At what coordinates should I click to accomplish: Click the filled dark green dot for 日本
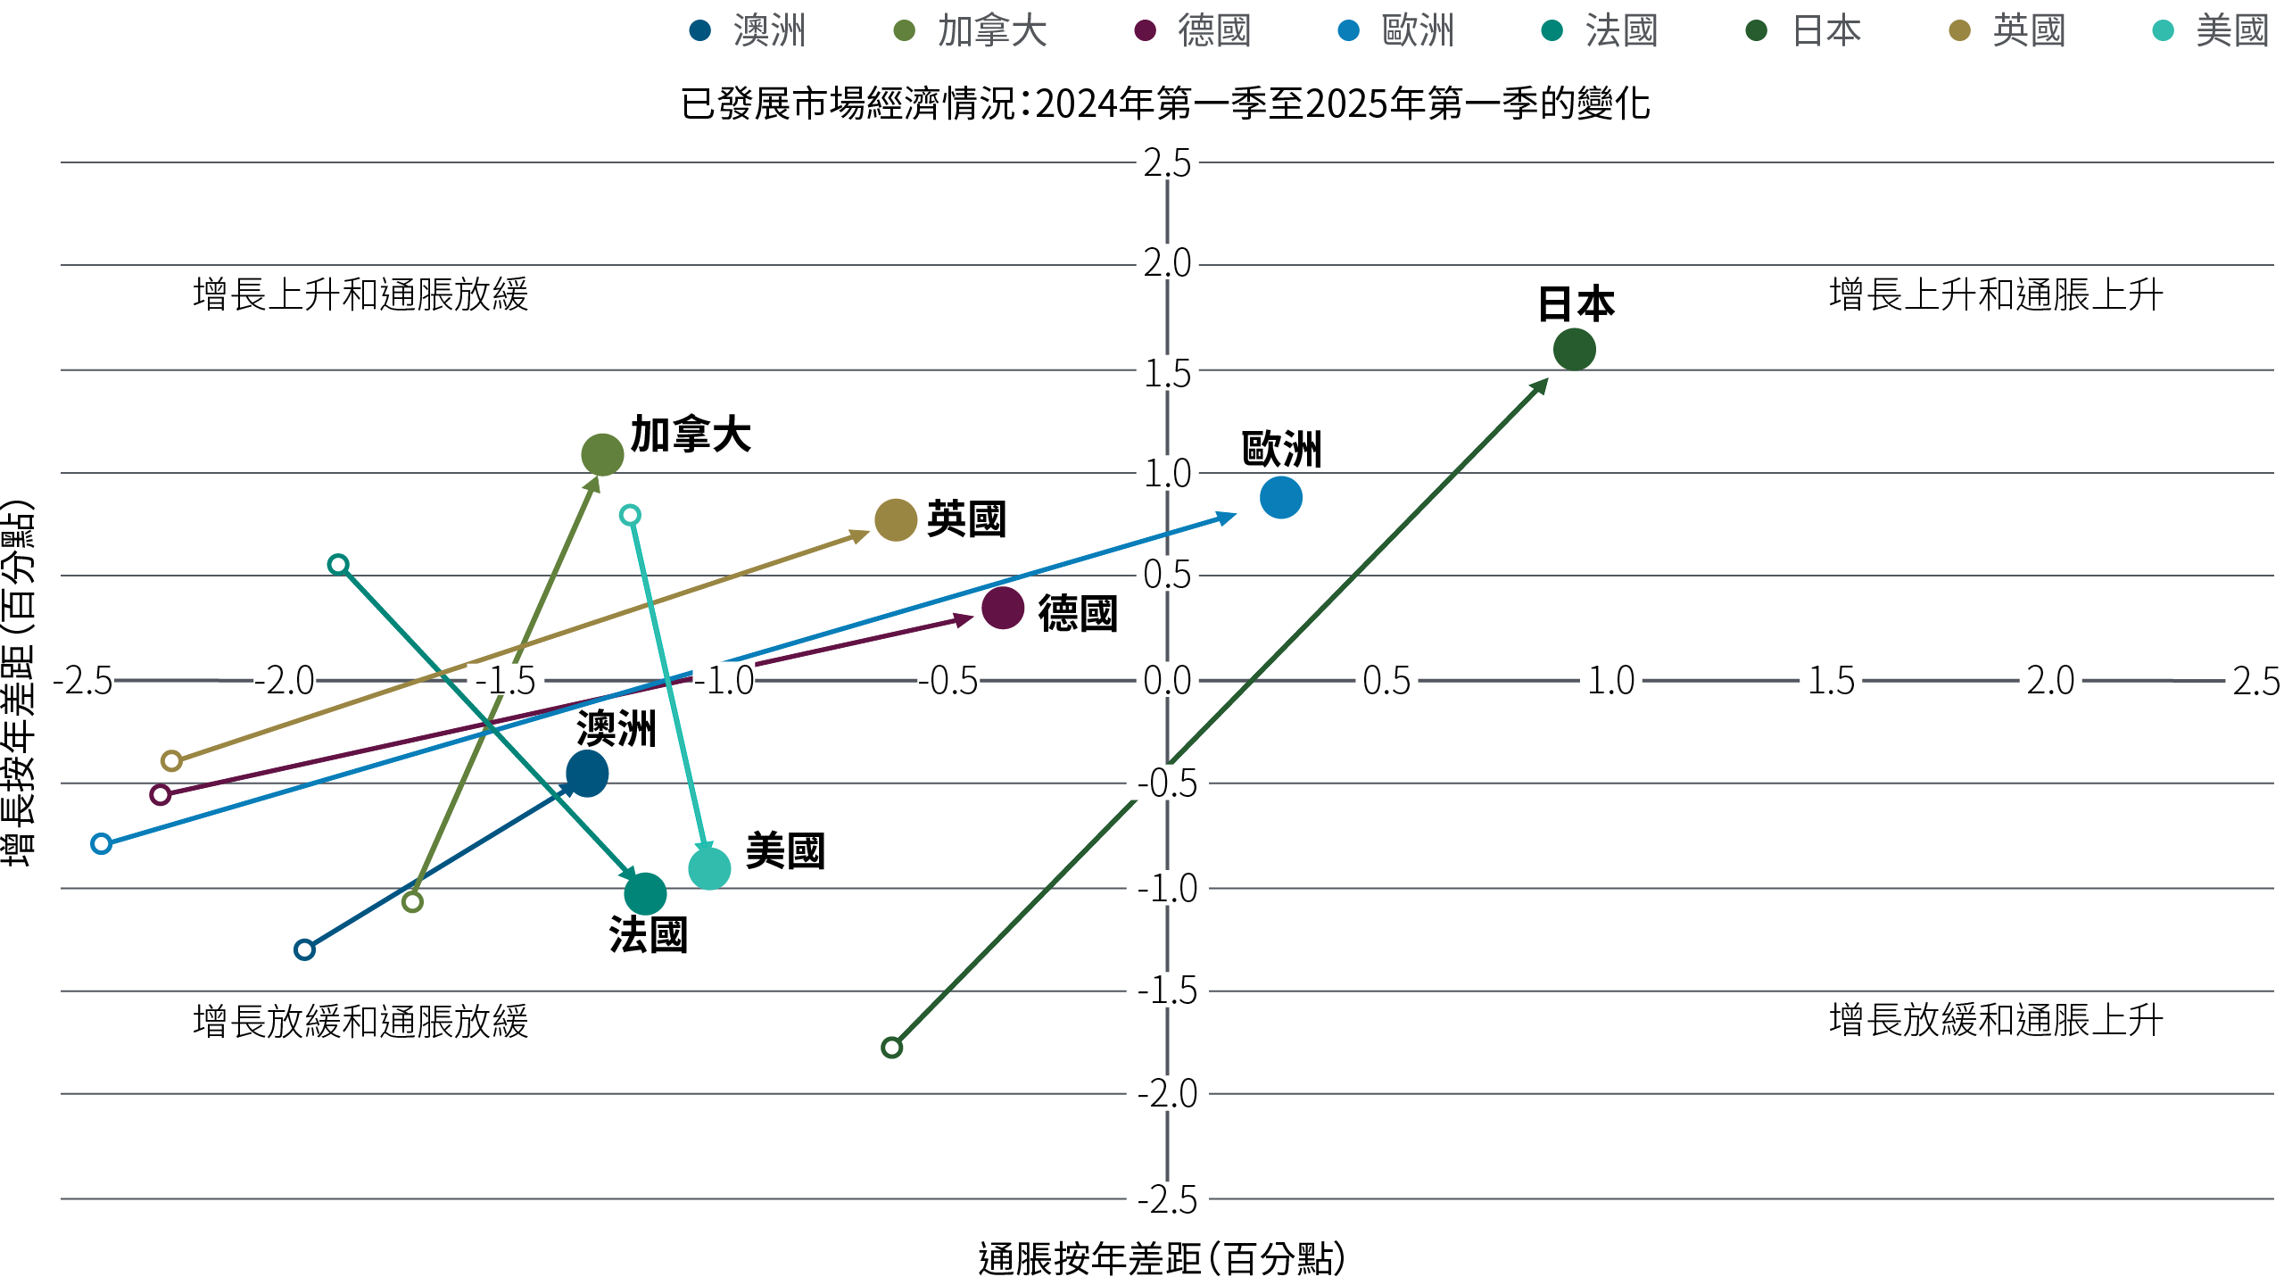click(1574, 349)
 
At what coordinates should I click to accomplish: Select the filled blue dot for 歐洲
click(1280, 497)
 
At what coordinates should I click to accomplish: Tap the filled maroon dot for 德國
click(1002, 608)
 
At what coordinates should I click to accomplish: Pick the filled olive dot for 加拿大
click(602, 454)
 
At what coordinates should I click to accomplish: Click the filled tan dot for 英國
click(895, 519)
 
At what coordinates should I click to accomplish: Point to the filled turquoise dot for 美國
click(709, 868)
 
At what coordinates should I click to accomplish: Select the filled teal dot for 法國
click(645, 893)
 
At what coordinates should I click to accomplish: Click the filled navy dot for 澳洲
click(587, 774)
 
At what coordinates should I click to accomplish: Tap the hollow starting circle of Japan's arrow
click(891, 1047)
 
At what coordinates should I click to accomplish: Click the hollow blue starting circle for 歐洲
click(102, 843)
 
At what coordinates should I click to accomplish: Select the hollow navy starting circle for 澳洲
click(304, 949)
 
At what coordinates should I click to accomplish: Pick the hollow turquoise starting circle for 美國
click(630, 515)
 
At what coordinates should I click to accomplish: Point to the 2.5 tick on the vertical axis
click(1167, 164)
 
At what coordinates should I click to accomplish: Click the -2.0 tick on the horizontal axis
click(285, 681)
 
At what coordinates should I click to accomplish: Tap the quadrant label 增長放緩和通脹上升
click(1996, 1019)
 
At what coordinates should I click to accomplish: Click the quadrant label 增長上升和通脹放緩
click(360, 294)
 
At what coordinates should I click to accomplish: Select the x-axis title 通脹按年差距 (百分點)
click(1161, 1259)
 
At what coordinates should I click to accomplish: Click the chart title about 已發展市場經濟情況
click(1164, 104)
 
